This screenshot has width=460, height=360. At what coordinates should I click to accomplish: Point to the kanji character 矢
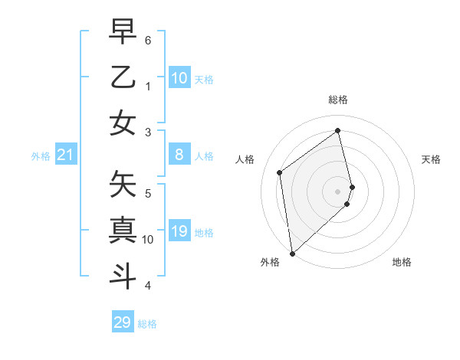click(x=123, y=183)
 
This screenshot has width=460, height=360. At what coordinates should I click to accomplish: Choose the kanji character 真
click(x=123, y=229)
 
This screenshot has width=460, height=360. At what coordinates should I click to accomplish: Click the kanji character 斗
click(x=123, y=275)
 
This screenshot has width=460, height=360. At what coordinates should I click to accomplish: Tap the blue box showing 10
click(x=179, y=78)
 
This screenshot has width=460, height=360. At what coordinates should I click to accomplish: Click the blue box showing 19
click(x=179, y=232)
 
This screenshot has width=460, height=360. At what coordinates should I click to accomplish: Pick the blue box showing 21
click(x=66, y=155)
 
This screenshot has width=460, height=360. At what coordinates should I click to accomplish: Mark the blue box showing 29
click(x=123, y=322)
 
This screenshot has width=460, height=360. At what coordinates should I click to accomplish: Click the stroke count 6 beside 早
click(x=148, y=39)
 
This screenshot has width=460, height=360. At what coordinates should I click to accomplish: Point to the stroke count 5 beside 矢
click(x=148, y=193)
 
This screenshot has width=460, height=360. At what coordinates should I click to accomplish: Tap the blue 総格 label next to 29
click(x=147, y=324)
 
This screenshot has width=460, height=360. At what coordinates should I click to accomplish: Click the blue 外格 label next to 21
click(x=41, y=156)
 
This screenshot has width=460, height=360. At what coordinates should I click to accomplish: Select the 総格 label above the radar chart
click(x=338, y=100)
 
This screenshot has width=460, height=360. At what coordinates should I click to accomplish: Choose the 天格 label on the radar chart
click(x=432, y=160)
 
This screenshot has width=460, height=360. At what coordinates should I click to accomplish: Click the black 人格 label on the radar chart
click(x=245, y=160)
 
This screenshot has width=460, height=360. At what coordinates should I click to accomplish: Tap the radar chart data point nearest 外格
click(x=292, y=253)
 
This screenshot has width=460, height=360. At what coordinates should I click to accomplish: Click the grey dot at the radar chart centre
click(x=338, y=191)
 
